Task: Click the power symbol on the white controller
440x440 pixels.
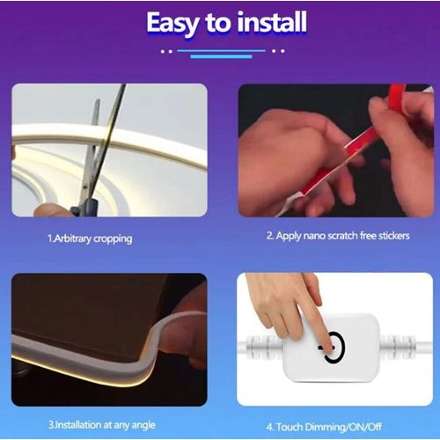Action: point(331,345)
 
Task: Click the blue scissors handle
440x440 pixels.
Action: point(85,208)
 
